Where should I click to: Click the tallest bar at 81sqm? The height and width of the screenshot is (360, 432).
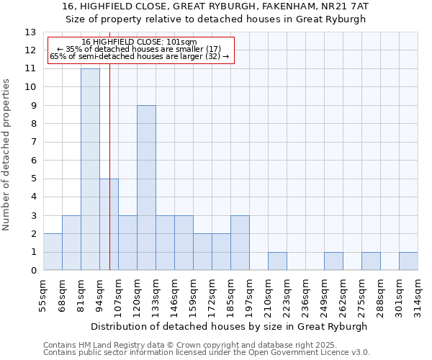pyautogui.click(x=90, y=169)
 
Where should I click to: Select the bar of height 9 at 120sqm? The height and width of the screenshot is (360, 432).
pyautogui.click(x=146, y=188)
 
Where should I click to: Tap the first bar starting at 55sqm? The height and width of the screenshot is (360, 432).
pyautogui.click(x=53, y=252)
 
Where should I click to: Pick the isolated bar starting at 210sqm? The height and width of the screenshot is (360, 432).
pyautogui.click(x=277, y=261)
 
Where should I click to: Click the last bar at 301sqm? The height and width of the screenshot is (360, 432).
pyautogui.click(x=408, y=261)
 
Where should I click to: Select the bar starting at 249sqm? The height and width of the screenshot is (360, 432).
pyautogui.click(x=333, y=261)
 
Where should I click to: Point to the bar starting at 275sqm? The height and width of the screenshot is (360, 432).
pyautogui.click(x=371, y=261)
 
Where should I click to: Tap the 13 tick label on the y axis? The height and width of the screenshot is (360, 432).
pyautogui.click(x=30, y=32)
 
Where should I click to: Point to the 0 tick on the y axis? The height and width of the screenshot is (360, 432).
pyautogui.click(x=33, y=271)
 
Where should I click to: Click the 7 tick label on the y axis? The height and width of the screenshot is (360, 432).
pyautogui.click(x=33, y=142)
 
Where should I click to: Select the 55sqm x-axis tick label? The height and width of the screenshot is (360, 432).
pyautogui.click(x=43, y=293)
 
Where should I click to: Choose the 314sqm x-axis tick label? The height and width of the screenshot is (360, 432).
pyautogui.click(x=418, y=293)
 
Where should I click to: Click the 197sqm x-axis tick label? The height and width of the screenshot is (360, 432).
pyautogui.click(x=250, y=293)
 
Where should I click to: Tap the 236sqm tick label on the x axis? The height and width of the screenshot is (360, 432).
pyautogui.click(x=306, y=293)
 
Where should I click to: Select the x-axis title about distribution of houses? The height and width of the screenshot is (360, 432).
pyautogui.click(x=230, y=326)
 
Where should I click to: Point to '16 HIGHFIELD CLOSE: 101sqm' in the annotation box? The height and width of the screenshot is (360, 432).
pyautogui.click(x=139, y=42)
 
